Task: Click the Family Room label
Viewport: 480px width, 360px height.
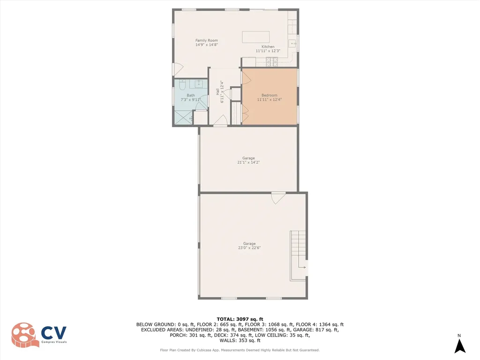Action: (x=206, y=40)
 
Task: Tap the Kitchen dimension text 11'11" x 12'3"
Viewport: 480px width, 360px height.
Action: (x=268, y=51)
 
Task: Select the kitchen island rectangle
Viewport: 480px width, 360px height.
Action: (x=255, y=37)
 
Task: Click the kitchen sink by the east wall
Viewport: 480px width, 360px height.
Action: (x=293, y=44)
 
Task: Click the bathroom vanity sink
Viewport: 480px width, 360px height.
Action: (x=199, y=84)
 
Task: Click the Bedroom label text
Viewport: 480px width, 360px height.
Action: (x=270, y=95)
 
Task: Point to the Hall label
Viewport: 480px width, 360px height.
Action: (x=217, y=92)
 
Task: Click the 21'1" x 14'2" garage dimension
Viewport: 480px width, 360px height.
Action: (x=248, y=162)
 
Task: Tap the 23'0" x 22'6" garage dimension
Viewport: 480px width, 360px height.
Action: (x=249, y=247)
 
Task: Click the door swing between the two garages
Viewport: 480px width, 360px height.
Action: (x=278, y=198)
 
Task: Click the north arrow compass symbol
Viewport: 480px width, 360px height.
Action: (x=460, y=346)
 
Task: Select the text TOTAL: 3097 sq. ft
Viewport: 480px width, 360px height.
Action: (x=240, y=319)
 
